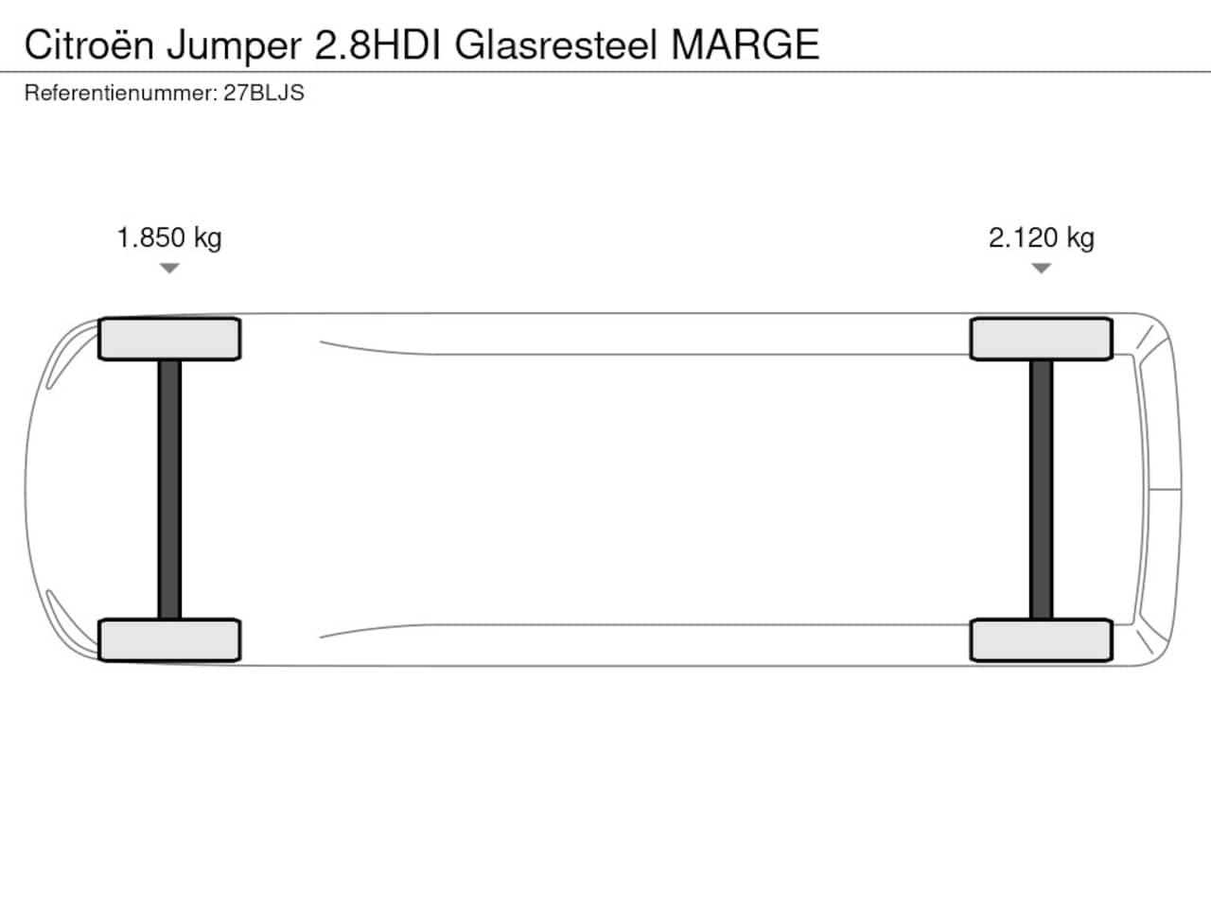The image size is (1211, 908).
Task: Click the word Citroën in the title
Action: [x=89, y=44]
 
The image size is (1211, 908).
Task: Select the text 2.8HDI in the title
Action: [x=377, y=44]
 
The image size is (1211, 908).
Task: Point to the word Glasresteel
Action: [x=556, y=44]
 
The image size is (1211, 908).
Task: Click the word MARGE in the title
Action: [x=746, y=44]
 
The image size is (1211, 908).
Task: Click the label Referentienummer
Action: [x=121, y=94]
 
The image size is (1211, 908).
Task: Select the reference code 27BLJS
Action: [x=264, y=94]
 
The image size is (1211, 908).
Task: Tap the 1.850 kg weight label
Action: [x=169, y=238]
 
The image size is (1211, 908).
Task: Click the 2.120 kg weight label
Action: [x=1041, y=238]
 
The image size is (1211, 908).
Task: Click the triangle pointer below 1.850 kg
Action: [x=169, y=268]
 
